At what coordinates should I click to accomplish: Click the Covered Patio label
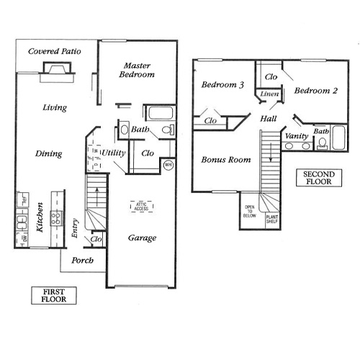(x=54, y=52)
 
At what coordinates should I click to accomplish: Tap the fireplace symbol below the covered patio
(x=57, y=69)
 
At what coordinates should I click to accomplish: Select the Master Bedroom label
(x=137, y=69)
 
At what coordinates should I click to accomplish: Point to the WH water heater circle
(x=168, y=164)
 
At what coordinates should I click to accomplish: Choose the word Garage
(x=142, y=238)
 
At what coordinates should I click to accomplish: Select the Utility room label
(x=114, y=153)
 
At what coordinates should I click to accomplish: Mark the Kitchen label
(x=41, y=216)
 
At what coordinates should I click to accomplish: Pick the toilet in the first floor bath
(x=167, y=131)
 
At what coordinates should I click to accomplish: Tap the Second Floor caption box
(x=319, y=179)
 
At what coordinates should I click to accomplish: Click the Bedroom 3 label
(x=222, y=85)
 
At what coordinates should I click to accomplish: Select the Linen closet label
(x=269, y=94)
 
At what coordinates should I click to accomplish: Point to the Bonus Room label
(x=225, y=159)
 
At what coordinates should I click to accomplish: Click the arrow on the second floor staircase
(x=271, y=151)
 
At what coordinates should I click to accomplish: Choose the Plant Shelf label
(x=273, y=219)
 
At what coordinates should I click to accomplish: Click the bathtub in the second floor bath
(x=322, y=142)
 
